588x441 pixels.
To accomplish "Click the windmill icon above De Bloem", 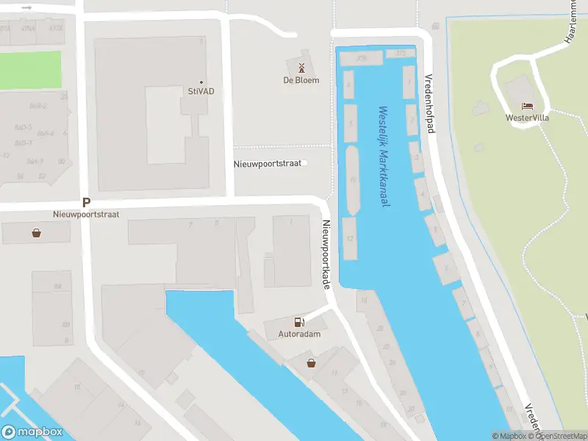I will tap(301, 68).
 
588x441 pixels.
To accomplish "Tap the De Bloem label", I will tap(301, 80).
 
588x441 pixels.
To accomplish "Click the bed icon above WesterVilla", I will tap(527, 107).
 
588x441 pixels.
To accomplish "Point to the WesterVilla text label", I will tap(527, 118).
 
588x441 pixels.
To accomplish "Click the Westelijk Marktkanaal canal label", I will tap(383, 157).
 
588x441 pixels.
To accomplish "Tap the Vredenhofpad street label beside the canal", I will tap(430, 103).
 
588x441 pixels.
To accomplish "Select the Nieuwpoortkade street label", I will tap(324, 254).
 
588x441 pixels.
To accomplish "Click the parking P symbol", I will tap(86, 203).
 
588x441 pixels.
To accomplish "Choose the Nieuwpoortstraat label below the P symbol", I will tap(86, 215).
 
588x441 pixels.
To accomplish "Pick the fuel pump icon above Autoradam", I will tap(299, 322).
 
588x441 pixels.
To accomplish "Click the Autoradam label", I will tap(299, 334).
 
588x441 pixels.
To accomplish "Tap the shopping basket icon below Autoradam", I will tap(312, 362).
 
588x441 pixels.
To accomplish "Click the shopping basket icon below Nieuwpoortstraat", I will tap(36, 234).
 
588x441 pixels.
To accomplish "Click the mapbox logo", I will tap(31, 432).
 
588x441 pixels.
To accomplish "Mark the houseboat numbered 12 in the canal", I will tap(350, 238).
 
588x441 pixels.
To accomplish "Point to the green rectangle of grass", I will tap(30, 70).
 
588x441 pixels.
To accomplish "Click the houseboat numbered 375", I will tap(361, 58).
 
